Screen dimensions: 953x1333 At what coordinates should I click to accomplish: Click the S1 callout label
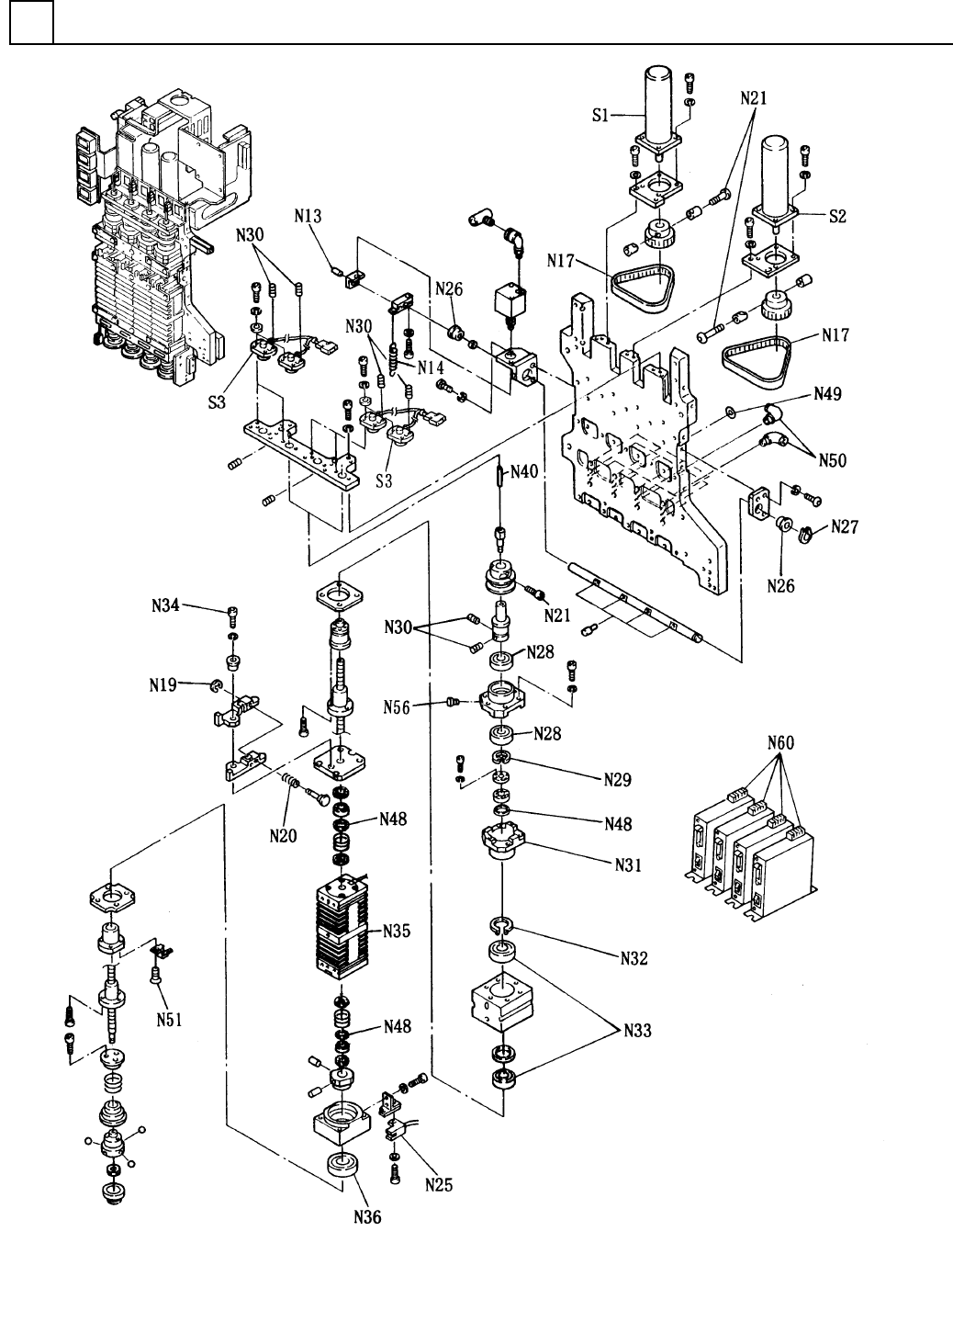pyautogui.click(x=600, y=115)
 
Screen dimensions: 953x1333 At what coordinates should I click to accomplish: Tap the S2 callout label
pyautogui.click(x=837, y=216)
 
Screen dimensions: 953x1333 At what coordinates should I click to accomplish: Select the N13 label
pyautogui.click(x=308, y=216)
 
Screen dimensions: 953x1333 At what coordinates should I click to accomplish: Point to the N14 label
pyautogui.click(x=430, y=367)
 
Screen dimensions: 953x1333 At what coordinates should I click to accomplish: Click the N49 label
pyautogui.click(x=827, y=394)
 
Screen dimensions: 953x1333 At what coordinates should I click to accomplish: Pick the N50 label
pyautogui.click(x=832, y=460)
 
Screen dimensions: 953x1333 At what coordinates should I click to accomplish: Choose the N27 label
pyautogui.click(x=845, y=526)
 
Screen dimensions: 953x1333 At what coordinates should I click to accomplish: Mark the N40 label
pyautogui.click(x=524, y=472)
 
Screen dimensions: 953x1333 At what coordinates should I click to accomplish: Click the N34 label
pyautogui.click(x=165, y=606)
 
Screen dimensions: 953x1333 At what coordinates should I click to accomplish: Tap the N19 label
pyautogui.click(x=163, y=685)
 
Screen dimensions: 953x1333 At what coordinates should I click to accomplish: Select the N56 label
pyautogui.click(x=397, y=707)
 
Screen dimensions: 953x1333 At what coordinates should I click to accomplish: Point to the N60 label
pyautogui.click(x=780, y=742)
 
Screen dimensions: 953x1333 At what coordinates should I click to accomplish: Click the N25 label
pyautogui.click(x=439, y=1185)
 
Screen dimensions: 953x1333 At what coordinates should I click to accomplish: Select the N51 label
pyautogui.click(x=169, y=1020)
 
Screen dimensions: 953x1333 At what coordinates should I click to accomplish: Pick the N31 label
pyautogui.click(x=629, y=864)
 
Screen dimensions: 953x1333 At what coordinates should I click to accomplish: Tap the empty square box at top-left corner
pyautogui.click(x=31, y=22)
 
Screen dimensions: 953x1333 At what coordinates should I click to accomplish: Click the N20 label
pyautogui.click(x=283, y=836)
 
